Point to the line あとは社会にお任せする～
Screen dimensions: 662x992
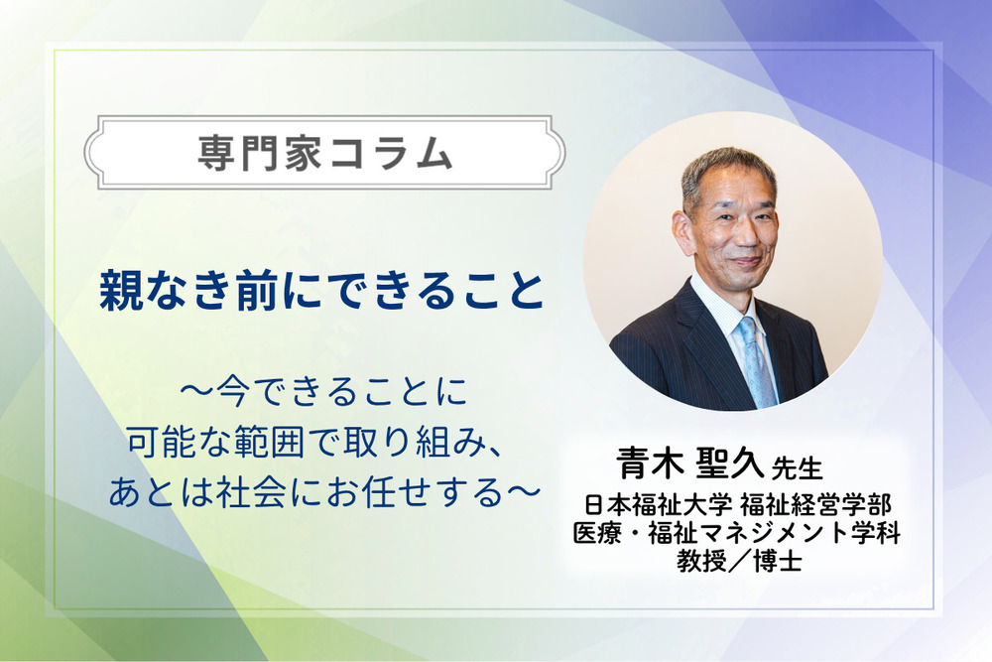pyautogui.click(x=323, y=491)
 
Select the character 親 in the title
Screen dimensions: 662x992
pyautogui.click(x=117, y=291)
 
